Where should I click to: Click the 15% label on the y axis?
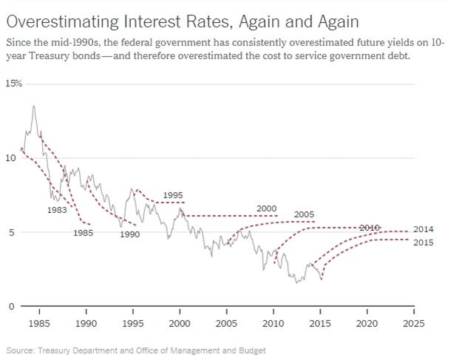click(14, 84)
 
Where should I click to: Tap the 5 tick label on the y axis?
click(10, 232)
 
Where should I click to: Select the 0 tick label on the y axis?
click(10, 306)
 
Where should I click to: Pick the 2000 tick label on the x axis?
click(180, 323)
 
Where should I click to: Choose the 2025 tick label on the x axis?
click(414, 323)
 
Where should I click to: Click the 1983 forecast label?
click(57, 210)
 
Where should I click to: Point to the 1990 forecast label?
click(129, 234)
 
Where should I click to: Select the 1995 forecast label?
click(172, 194)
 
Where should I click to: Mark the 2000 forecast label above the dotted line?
click(266, 208)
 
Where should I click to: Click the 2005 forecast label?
click(304, 214)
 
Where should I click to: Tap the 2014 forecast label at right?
click(424, 229)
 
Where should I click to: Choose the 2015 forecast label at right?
click(424, 242)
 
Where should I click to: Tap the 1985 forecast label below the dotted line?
click(83, 234)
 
